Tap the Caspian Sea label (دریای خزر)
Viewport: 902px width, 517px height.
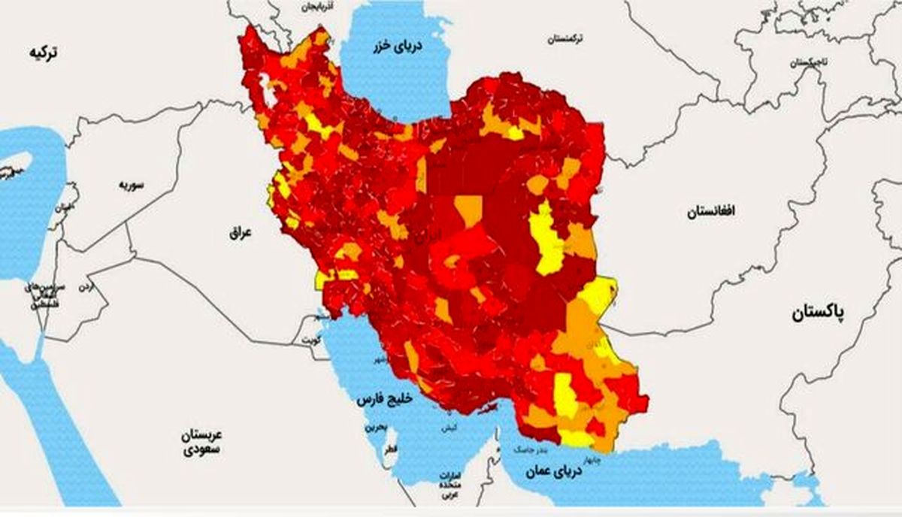point(390,47)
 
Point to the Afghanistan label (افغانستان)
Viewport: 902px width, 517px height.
point(710,213)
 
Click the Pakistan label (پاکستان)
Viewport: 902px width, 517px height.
point(818,313)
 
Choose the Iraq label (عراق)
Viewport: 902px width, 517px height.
point(241,234)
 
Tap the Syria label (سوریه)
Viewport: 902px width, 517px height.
point(130,184)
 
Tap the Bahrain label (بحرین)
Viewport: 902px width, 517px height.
point(375,427)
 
